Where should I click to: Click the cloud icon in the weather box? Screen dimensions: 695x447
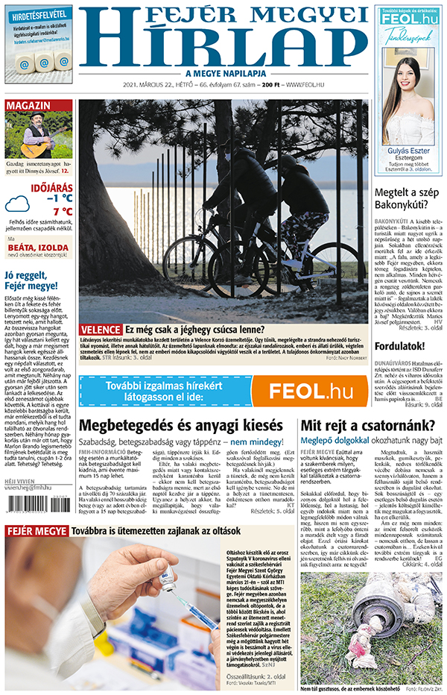[17, 204]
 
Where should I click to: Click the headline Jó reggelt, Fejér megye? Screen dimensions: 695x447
[31, 280]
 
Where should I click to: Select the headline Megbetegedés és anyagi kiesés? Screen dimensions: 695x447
[185, 426]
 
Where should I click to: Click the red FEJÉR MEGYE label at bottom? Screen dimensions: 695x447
[36, 531]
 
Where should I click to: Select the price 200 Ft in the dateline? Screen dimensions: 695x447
[270, 86]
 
